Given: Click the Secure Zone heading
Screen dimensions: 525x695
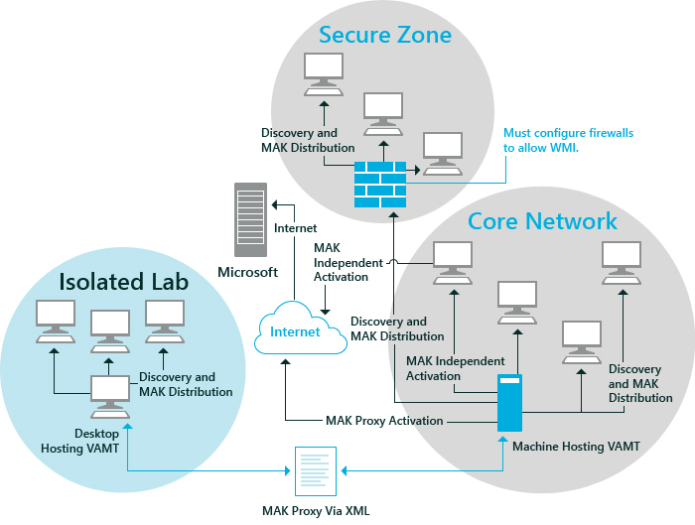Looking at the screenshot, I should click(x=385, y=36).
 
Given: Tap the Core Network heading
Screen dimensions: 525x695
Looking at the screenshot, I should click(x=542, y=221).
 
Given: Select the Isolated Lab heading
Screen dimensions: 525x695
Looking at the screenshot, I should click(x=123, y=281).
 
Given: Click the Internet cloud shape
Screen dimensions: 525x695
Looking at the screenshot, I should click(x=295, y=332).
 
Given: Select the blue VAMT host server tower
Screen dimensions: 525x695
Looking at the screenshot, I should click(x=509, y=403).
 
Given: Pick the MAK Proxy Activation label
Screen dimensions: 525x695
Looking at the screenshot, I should click(x=384, y=421).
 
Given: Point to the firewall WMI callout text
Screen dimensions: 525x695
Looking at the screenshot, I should click(x=568, y=140).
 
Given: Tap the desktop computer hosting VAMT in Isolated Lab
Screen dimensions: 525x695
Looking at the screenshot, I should click(x=110, y=396).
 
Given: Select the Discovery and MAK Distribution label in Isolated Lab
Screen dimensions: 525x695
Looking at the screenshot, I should click(x=186, y=384).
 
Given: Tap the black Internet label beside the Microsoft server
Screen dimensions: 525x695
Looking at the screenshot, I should click(x=295, y=228).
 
